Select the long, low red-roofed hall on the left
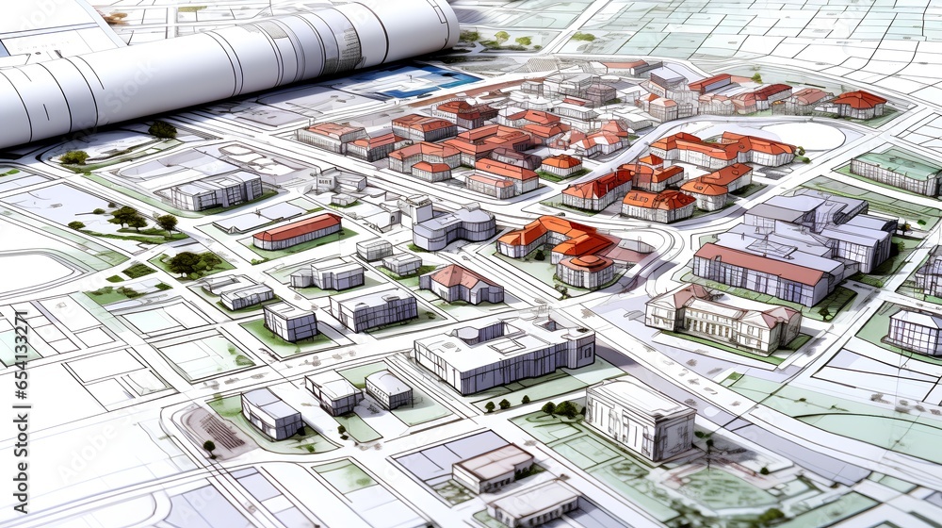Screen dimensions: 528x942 297,230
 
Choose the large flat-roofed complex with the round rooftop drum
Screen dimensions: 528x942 504,353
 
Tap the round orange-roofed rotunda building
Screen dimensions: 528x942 586,270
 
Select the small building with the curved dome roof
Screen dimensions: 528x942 388,388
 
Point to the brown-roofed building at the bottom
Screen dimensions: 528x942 493,468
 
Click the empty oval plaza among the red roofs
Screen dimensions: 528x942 815,137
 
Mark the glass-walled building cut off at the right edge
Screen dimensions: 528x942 916,330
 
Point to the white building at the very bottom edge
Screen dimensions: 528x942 533,504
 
